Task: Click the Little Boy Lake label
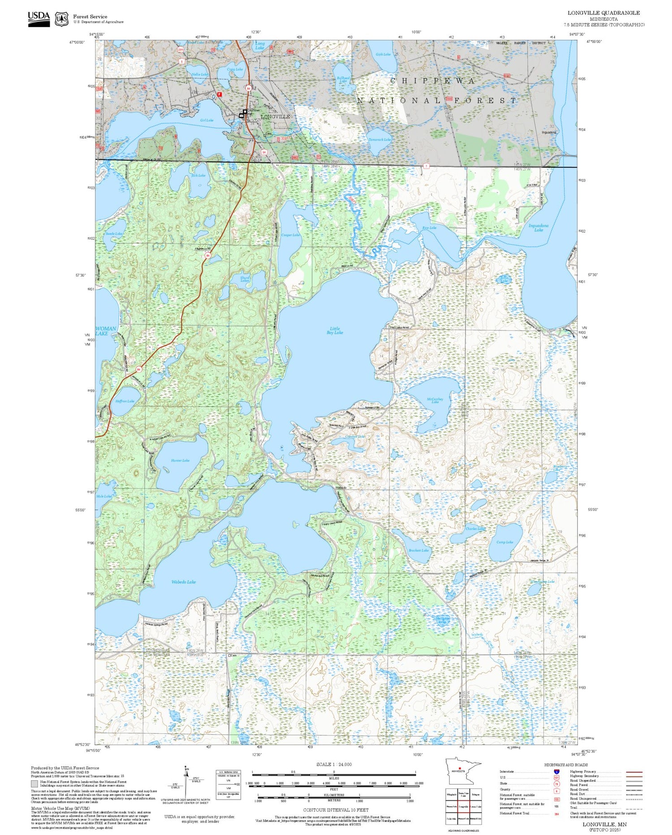point(335,331)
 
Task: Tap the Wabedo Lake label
point(184,582)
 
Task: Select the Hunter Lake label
point(180,460)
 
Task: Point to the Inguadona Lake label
point(538,228)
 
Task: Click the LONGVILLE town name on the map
point(276,117)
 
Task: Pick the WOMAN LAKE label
point(105,331)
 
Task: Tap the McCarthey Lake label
point(435,400)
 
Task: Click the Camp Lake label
point(505,542)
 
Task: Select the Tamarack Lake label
point(379,139)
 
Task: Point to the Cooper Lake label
point(290,235)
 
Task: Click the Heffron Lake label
point(125,401)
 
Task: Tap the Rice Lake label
point(429,228)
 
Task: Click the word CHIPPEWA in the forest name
point(433,81)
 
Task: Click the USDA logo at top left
point(39,18)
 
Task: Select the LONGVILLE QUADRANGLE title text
point(603,13)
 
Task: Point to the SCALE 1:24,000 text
point(334,764)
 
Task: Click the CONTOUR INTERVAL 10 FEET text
point(336,810)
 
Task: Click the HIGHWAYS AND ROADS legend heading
point(566,765)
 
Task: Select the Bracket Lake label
point(419,550)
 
